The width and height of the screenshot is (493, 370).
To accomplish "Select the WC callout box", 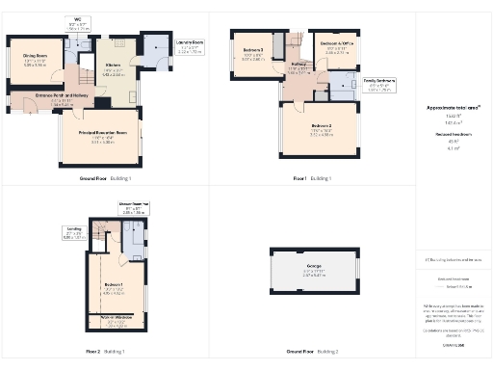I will [77, 24].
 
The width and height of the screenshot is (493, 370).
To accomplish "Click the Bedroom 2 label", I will [321, 130].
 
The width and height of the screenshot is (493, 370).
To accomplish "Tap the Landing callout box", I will [73, 231].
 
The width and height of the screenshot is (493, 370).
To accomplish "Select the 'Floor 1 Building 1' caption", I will [312, 179].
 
